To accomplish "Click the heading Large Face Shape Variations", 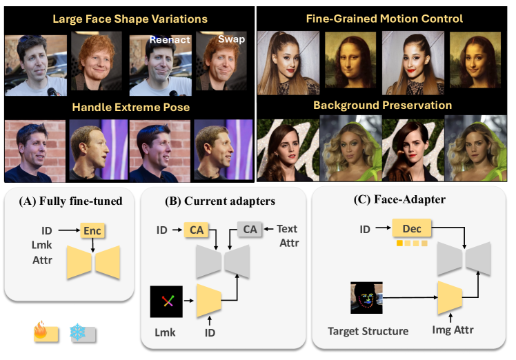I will click(128, 19).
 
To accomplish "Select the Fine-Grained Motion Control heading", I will click(384, 19).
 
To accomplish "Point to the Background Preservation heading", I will click(384, 105).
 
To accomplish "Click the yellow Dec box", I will click(410, 227).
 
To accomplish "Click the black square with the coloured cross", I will click(167, 301).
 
